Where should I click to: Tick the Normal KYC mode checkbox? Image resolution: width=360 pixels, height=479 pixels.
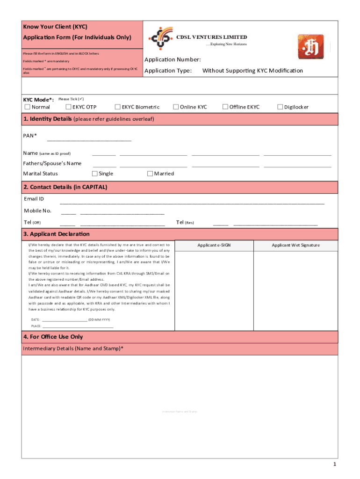coord(27,107)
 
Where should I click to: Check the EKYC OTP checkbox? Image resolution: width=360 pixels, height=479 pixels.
coord(68,107)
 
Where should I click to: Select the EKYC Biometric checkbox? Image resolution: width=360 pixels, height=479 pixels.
coord(118,107)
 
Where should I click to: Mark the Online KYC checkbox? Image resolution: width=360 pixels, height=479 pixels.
coord(176,107)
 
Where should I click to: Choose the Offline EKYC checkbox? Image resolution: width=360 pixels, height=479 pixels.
coord(225,107)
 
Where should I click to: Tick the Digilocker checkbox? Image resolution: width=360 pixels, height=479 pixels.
coord(280,107)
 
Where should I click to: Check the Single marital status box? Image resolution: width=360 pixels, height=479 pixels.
coord(95,174)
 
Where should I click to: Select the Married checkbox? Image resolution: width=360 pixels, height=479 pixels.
coord(150,174)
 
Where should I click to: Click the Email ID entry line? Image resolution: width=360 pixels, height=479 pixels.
coord(192,203)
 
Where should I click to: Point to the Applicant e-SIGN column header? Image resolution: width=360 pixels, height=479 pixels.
coord(214,245)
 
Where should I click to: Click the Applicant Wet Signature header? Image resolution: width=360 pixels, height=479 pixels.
coord(295,245)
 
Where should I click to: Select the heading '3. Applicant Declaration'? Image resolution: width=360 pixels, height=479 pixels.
coord(56,234)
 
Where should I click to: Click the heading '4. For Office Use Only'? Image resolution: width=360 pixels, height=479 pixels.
coord(53,337)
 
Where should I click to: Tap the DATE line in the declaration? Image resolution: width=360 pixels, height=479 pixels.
coord(65,320)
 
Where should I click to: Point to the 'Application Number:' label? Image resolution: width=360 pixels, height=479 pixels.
coord(173,59)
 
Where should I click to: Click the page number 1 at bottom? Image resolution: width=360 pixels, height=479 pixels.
coord(335,464)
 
